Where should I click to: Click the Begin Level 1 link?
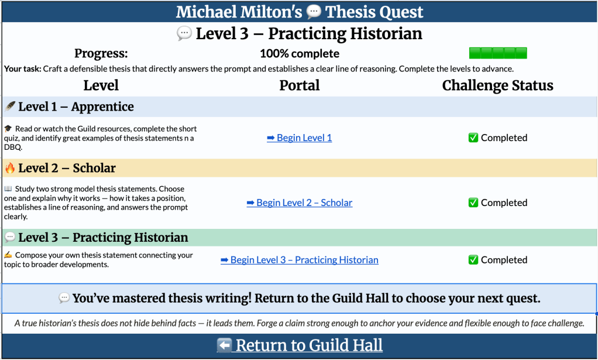tap(299, 138)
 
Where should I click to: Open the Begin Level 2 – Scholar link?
tap(299, 203)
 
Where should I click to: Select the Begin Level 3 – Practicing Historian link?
tap(299, 260)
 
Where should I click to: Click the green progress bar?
tap(498, 53)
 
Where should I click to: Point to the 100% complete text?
tap(299, 54)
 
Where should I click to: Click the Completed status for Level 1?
tap(498, 138)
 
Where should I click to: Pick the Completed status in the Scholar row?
tap(498, 203)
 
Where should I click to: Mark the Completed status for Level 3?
tap(498, 260)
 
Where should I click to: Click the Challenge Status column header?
tap(497, 85)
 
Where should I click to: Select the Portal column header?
tap(299, 85)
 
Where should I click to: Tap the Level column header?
tap(101, 85)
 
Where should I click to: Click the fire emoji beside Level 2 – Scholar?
tap(10, 169)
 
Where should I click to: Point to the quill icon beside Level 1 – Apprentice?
tap(10, 107)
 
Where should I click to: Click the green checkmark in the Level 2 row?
tap(473, 203)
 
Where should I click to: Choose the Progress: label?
tap(101, 54)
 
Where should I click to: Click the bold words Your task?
tap(22, 69)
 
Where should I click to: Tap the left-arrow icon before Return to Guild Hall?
tap(224, 345)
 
